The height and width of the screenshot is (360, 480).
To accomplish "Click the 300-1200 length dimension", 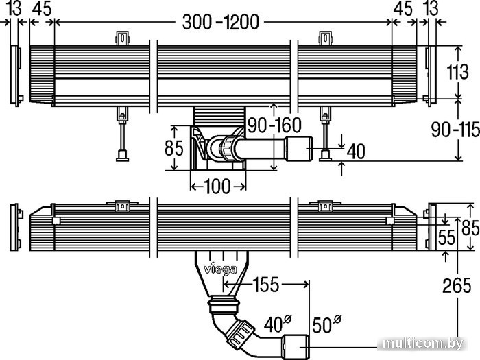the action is point(220,22).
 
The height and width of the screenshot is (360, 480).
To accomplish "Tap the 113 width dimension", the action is point(457,72).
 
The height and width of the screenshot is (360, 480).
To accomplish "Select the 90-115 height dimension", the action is point(455,130).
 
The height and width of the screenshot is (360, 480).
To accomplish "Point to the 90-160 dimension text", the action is point(274,125).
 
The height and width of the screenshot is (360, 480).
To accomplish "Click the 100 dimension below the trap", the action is point(217,186).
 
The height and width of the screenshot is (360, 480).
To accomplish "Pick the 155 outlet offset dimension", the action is point(265,285).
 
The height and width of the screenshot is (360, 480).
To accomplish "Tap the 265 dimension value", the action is point(457,286).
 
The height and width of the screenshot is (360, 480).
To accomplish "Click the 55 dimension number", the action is point(446,237).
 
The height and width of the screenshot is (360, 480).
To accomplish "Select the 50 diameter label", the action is point(326,324).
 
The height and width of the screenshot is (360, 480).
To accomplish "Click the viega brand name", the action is point(220,269).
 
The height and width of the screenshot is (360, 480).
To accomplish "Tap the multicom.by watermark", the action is point(422,344).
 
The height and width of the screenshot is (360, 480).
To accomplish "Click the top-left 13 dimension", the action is point(14,8).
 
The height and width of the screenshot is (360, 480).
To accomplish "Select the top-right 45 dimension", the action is point(403,8).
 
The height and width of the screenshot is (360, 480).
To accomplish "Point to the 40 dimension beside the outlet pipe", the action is point(356,152).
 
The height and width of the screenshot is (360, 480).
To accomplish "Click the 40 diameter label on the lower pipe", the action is point(277,324).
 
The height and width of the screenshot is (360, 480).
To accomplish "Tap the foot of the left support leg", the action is point(122,156).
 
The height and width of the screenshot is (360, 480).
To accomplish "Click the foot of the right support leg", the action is point(325,156).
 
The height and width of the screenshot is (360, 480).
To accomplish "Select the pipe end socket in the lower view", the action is point(296,346).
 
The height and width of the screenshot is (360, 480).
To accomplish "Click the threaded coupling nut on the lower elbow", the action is point(240,333).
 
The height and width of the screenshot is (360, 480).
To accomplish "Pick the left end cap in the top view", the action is point(16,75).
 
